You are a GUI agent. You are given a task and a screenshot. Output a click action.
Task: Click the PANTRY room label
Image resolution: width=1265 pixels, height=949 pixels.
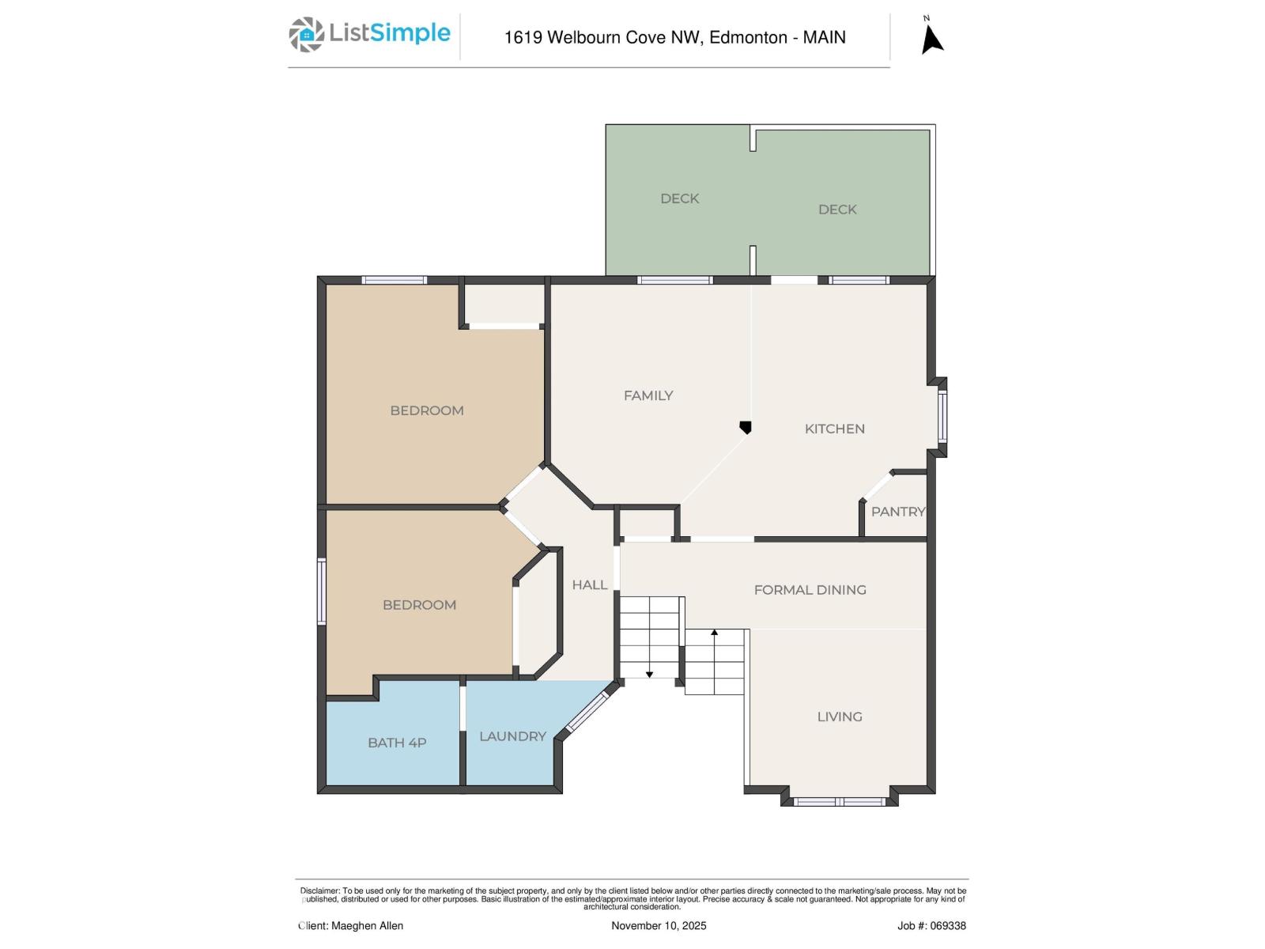click(x=897, y=512)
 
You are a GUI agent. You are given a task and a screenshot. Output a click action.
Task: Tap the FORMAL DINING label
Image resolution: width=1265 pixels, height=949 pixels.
click(x=810, y=590)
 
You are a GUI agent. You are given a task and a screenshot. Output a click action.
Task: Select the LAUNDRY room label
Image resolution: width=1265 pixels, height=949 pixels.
click(x=512, y=736)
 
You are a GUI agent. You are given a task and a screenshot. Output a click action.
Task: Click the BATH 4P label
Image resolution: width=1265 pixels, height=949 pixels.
click(x=397, y=743)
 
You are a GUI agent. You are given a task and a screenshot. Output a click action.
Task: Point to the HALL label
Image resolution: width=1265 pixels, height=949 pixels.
click(x=590, y=585)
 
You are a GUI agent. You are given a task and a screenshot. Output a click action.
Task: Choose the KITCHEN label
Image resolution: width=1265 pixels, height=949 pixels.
click(x=834, y=429)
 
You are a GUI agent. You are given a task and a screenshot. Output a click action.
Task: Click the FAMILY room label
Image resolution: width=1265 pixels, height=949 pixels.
click(x=648, y=395)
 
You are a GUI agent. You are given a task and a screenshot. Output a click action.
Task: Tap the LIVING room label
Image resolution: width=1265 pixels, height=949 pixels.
click(x=840, y=716)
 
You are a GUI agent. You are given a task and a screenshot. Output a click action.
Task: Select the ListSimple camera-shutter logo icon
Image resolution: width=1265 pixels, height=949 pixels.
click(x=306, y=35)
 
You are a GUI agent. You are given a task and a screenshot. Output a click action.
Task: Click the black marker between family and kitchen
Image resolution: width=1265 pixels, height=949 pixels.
click(x=745, y=428)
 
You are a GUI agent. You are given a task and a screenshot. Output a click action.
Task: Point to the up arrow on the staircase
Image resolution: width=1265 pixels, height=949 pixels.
click(x=714, y=633)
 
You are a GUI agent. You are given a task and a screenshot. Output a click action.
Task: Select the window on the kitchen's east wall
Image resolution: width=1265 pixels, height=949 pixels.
click(x=942, y=417)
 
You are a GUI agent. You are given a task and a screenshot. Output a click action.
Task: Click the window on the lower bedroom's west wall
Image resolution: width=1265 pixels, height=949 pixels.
click(x=322, y=592)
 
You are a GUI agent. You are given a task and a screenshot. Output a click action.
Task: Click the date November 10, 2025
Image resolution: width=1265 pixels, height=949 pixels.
click(x=659, y=925)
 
